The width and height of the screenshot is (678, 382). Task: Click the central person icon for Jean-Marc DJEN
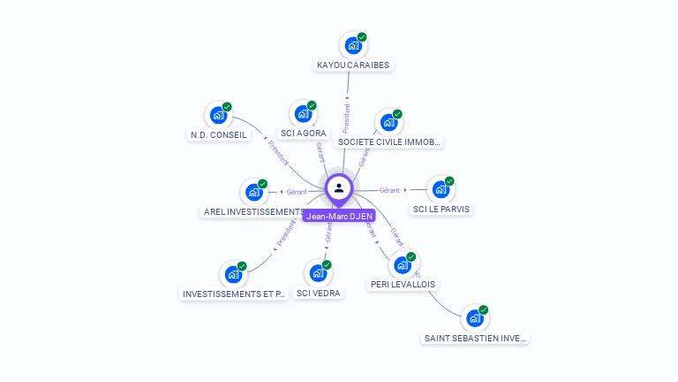(x=339, y=187)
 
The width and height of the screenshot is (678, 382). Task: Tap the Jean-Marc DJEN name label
(x=339, y=215)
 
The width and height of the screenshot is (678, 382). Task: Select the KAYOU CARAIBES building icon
(x=353, y=45)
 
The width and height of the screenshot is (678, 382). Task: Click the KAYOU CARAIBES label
(x=353, y=65)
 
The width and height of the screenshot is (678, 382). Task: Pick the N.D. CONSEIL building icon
(x=218, y=115)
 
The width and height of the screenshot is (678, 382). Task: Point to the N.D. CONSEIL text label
(x=218, y=135)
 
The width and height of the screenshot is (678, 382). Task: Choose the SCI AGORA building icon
(x=303, y=114)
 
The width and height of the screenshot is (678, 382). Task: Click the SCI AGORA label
(x=303, y=134)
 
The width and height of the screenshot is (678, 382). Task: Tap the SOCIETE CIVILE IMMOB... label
(x=388, y=141)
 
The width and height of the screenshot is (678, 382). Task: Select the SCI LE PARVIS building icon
(x=441, y=189)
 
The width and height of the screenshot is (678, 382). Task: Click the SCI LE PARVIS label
(x=441, y=210)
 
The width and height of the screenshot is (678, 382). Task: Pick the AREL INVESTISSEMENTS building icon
(x=254, y=192)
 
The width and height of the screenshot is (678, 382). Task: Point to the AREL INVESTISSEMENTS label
(x=253, y=212)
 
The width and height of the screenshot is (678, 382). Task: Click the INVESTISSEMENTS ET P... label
(x=234, y=294)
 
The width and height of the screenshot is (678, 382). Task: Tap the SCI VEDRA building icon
(x=318, y=273)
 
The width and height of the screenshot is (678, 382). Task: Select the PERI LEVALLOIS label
(x=403, y=285)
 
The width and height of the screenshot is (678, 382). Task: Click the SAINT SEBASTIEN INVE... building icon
(x=475, y=318)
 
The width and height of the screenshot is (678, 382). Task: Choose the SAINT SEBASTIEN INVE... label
(x=475, y=338)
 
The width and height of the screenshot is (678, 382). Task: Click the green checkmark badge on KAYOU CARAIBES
(x=362, y=37)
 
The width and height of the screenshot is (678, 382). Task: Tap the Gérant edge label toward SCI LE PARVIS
(x=389, y=189)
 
